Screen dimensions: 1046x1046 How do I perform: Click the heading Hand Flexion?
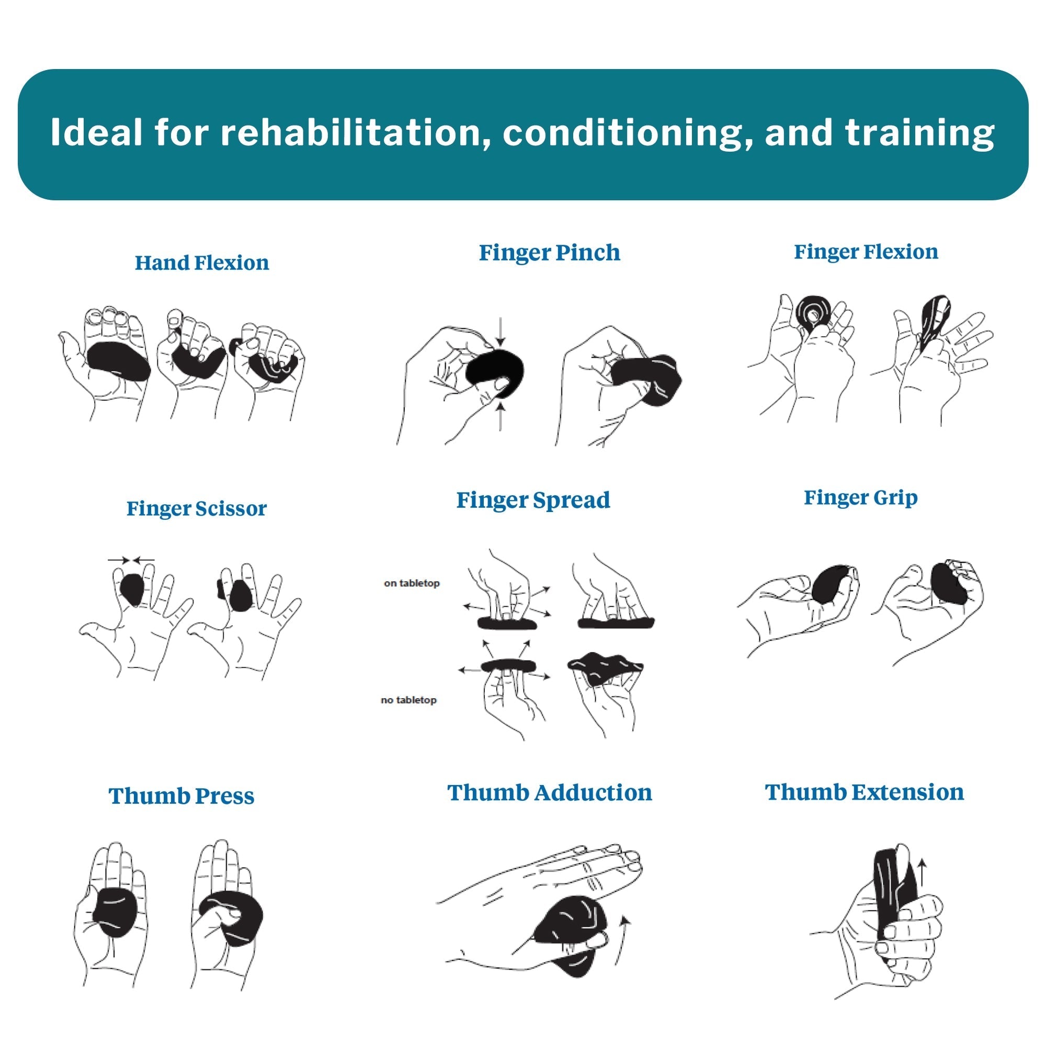[x=201, y=263]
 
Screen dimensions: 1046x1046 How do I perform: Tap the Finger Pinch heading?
[x=550, y=253]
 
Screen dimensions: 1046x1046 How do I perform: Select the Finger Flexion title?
[x=866, y=252]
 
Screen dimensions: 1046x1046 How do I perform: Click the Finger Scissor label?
[x=197, y=509]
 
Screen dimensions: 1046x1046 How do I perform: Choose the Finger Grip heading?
[x=861, y=497]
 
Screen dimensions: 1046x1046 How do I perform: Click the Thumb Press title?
[x=181, y=796]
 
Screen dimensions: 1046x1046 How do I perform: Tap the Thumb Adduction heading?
[x=550, y=793]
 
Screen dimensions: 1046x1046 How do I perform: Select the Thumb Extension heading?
[x=865, y=792]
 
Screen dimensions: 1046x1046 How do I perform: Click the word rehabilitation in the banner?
[x=351, y=132]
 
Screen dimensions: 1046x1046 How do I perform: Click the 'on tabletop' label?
[x=412, y=583]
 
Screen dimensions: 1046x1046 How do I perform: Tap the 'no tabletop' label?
[x=409, y=700]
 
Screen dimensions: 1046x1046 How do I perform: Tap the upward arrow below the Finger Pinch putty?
[x=501, y=416]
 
